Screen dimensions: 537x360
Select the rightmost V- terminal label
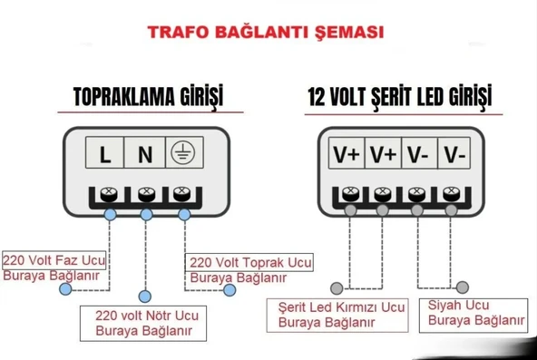(x=454, y=155)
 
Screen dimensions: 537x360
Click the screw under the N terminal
(x=145, y=193)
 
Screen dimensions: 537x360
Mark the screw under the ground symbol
(x=182, y=193)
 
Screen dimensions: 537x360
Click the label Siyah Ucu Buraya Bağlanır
(x=476, y=313)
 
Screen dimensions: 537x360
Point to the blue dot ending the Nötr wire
(x=146, y=296)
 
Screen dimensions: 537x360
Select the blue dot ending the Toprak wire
(x=229, y=290)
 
